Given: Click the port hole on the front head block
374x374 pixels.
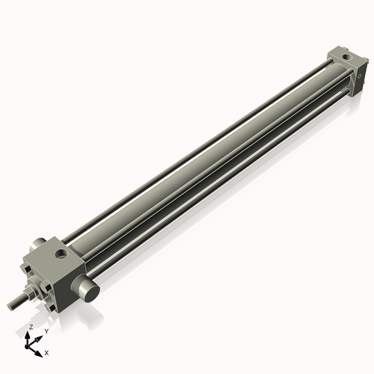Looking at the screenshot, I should pos(61,254).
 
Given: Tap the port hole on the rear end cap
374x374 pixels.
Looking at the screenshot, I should pos(345,57).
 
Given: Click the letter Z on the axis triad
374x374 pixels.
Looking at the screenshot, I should pos(31,327).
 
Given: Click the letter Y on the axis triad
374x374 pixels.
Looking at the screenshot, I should pos(46,331).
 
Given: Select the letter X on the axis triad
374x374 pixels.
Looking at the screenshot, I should pos(47,352).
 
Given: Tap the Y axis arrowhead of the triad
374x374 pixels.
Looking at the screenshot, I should pos(40,336).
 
